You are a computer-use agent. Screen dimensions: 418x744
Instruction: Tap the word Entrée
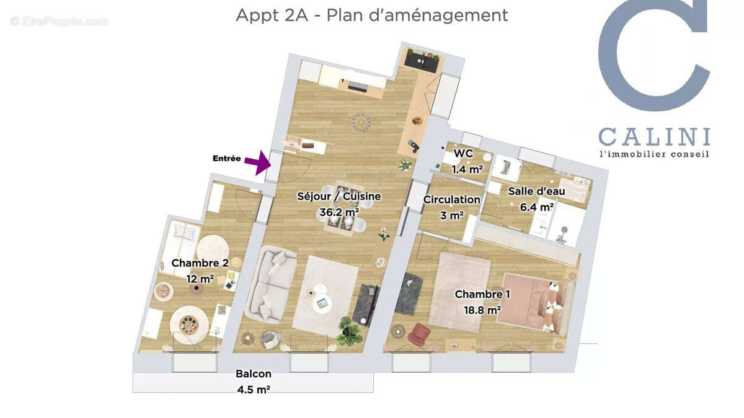226,159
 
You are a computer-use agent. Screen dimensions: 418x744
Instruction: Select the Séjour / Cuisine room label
339,197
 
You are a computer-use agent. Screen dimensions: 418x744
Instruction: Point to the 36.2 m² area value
339,212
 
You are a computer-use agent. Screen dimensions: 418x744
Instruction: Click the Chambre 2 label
195,263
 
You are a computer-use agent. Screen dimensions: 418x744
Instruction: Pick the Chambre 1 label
479,294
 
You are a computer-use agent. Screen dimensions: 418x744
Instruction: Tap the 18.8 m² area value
478,309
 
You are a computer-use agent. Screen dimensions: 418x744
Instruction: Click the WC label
463,154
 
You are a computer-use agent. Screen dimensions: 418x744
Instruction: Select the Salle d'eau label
536,191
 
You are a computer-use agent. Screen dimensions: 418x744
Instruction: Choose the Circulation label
452,199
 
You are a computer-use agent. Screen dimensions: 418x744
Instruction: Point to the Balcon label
253,374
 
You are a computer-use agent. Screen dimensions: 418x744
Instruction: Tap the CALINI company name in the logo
654,136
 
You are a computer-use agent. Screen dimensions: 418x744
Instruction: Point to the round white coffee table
321,303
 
